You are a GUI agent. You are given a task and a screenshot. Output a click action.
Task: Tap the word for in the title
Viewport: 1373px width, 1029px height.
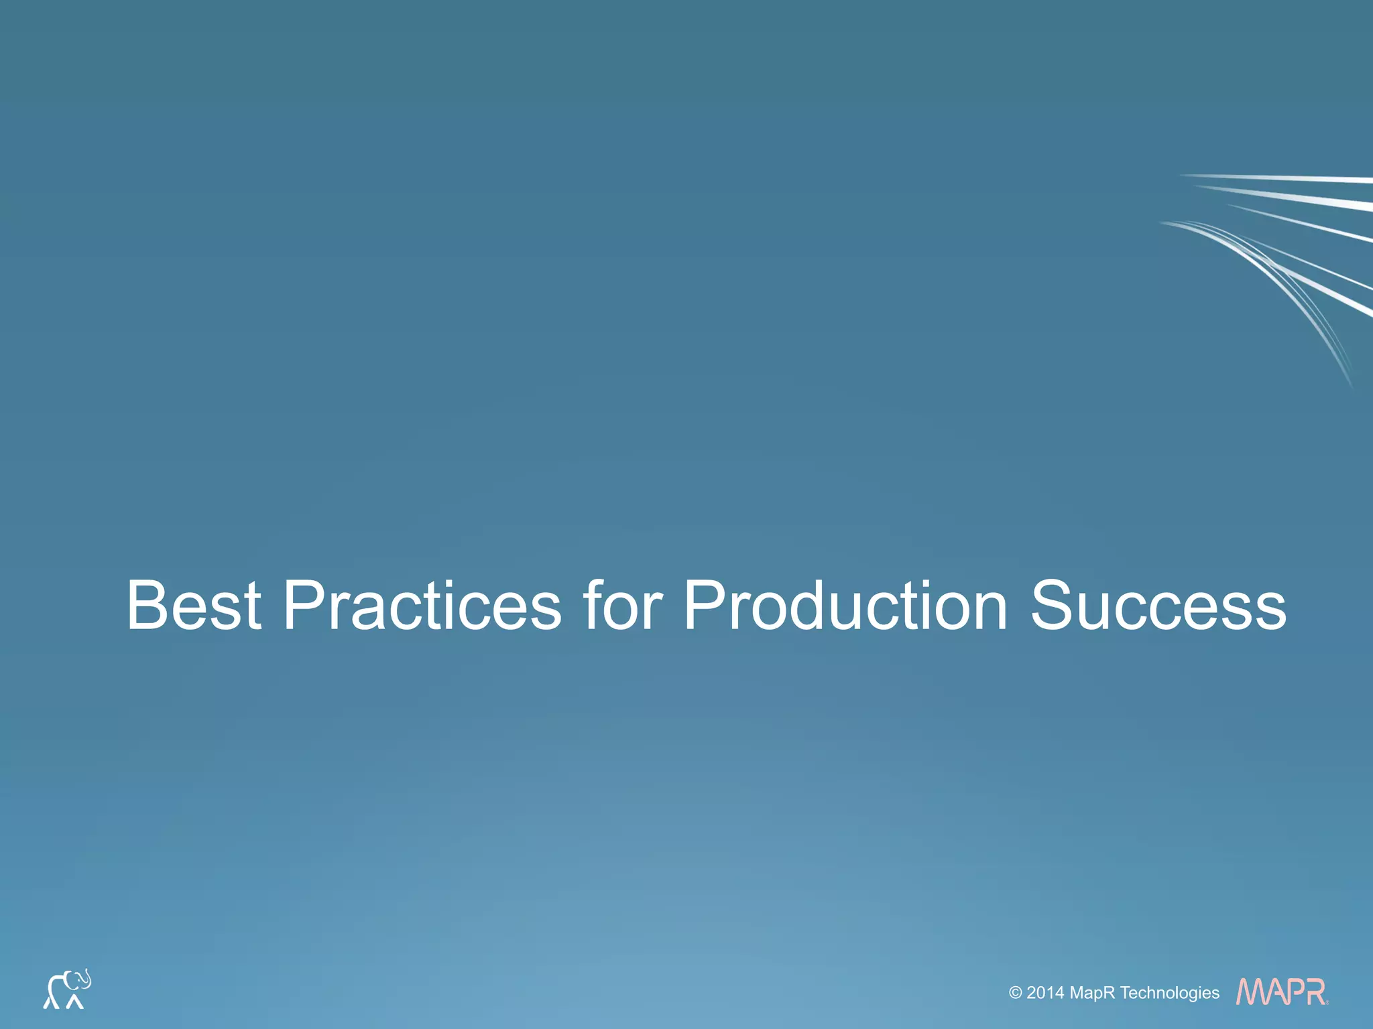pyautogui.click(x=622, y=606)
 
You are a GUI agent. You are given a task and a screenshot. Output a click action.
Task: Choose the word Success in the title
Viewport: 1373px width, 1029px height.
pyautogui.click(x=1158, y=606)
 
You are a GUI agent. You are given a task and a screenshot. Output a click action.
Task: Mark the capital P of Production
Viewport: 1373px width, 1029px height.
pyautogui.click(x=708, y=606)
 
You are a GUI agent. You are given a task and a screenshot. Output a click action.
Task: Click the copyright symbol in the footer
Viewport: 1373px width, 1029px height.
pyautogui.click(x=1015, y=993)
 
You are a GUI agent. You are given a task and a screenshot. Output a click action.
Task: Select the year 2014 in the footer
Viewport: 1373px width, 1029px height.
pyautogui.click(x=1045, y=993)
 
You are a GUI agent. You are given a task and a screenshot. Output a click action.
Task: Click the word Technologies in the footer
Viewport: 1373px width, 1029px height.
pyautogui.click(x=1170, y=993)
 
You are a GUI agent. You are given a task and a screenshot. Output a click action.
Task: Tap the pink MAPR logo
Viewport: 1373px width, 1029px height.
pyautogui.click(x=1281, y=991)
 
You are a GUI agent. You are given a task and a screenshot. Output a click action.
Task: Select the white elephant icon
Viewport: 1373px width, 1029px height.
pyautogui.click(x=66, y=989)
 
